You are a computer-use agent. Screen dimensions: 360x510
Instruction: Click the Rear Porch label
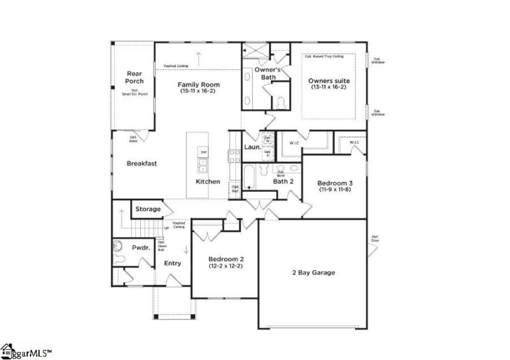pyautogui.click(x=134, y=78)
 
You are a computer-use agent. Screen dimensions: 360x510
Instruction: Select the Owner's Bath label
pyautogui.click(x=265, y=73)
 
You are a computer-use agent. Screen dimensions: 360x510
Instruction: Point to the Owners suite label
pyautogui.click(x=328, y=81)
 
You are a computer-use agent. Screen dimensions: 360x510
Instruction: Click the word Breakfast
pyautogui.click(x=142, y=163)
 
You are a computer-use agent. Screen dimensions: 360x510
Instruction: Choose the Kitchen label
pyautogui.click(x=208, y=182)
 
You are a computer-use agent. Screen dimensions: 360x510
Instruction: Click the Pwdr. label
pyautogui.click(x=140, y=247)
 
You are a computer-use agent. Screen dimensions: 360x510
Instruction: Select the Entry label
pyautogui.click(x=173, y=263)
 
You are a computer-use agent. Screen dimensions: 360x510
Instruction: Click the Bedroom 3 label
pyautogui.click(x=335, y=183)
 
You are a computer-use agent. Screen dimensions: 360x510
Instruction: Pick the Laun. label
pyautogui.click(x=252, y=148)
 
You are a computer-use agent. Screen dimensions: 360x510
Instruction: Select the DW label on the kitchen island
pyautogui.click(x=203, y=152)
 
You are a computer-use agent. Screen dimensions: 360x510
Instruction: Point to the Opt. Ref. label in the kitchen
pyautogui.click(x=235, y=189)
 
